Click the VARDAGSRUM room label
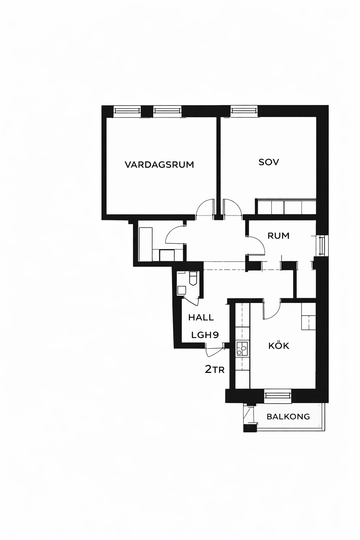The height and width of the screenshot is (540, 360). (159, 165)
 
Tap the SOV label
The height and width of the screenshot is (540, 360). (269, 162)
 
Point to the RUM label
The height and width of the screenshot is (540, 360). (278, 236)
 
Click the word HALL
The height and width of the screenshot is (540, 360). (201, 317)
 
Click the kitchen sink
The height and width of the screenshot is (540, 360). (242, 349)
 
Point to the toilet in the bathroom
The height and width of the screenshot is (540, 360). (193, 278)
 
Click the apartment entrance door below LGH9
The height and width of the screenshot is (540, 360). (214, 350)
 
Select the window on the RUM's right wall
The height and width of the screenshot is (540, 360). (322, 246)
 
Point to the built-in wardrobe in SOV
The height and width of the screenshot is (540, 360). (286, 207)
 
